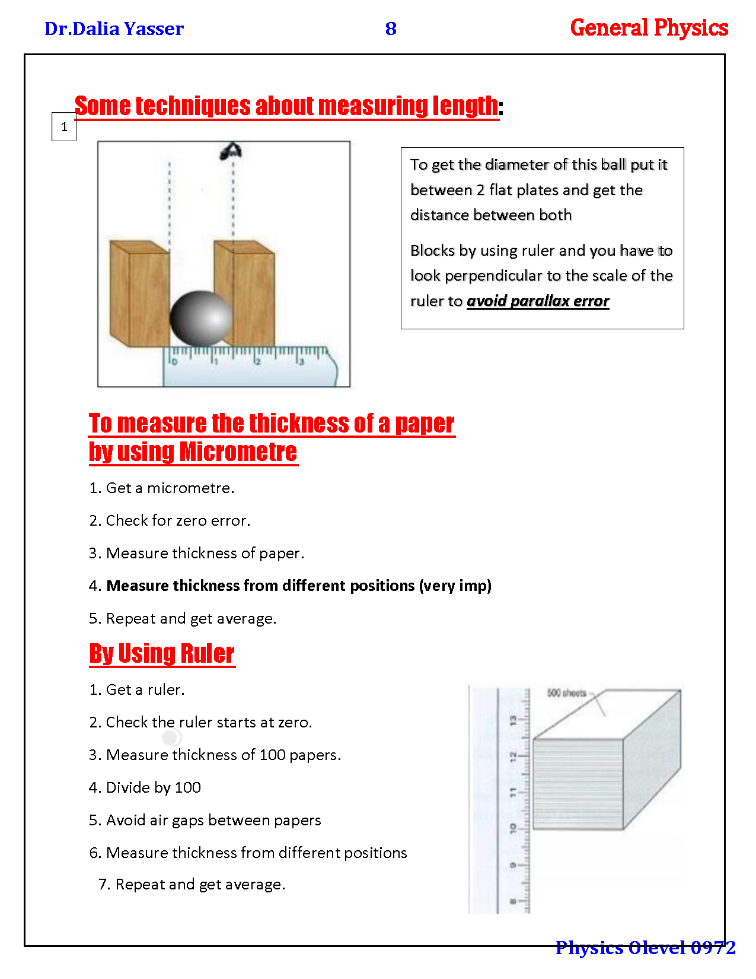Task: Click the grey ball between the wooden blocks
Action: tap(201, 318)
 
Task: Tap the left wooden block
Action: tap(139, 294)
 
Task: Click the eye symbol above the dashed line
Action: tap(231, 152)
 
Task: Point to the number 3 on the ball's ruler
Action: tap(301, 361)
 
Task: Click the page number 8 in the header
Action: tap(391, 28)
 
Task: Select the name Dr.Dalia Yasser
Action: tap(114, 28)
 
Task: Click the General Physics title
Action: tap(649, 28)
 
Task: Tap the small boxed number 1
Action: tap(64, 126)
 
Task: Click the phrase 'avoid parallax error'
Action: tap(538, 301)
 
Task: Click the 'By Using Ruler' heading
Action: tap(162, 654)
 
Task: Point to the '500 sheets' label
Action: tap(566, 693)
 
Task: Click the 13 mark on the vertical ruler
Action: tap(513, 720)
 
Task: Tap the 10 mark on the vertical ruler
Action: tap(513, 828)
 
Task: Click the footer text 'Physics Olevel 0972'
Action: tap(645, 948)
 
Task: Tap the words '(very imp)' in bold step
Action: tap(455, 586)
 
